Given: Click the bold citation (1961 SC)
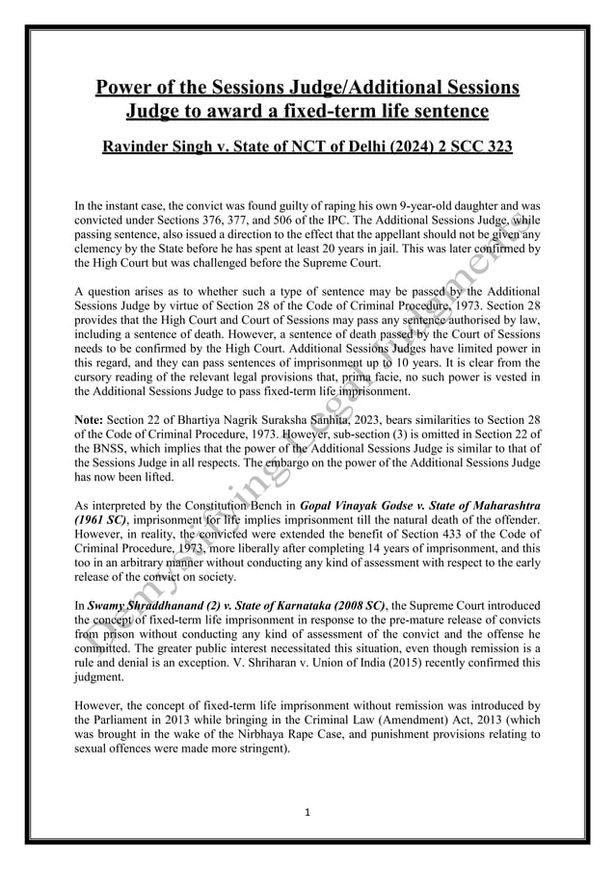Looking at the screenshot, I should pyautogui.click(x=99, y=517).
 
